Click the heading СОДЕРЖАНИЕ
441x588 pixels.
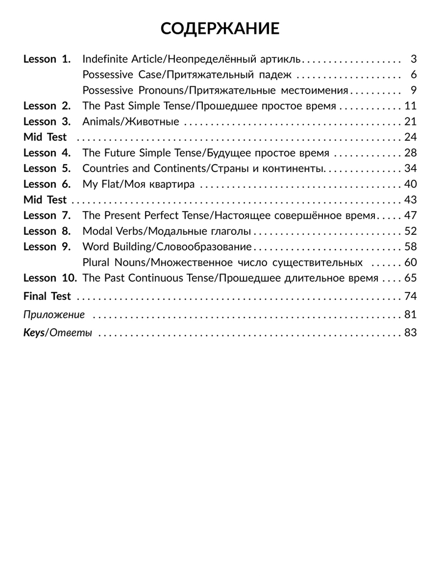(x=220, y=29)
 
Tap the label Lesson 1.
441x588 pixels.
(x=47, y=59)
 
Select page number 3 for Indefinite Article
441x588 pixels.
(x=413, y=59)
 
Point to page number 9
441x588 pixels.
(x=413, y=90)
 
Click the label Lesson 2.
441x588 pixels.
(x=47, y=106)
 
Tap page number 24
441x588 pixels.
(x=410, y=137)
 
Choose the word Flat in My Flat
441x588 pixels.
(x=111, y=184)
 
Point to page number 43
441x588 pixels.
(x=410, y=200)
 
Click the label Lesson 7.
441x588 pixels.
(x=47, y=216)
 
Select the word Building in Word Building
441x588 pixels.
(x=132, y=247)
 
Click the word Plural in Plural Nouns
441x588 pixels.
(x=96, y=262)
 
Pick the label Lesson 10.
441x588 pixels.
(x=50, y=278)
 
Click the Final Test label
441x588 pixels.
(x=47, y=296)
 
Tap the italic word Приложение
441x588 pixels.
(x=54, y=315)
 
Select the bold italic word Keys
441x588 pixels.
(x=34, y=333)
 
